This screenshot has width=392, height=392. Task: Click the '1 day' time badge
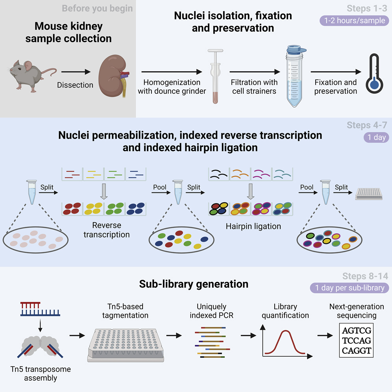[x=376, y=137]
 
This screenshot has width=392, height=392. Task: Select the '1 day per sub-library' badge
[x=349, y=288]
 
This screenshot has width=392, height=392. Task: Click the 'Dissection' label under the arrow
[x=75, y=85]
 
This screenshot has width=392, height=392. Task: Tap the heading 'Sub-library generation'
[x=194, y=284]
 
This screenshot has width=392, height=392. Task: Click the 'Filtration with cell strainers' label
[x=254, y=87]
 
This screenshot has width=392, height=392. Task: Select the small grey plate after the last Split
[x=368, y=193]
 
